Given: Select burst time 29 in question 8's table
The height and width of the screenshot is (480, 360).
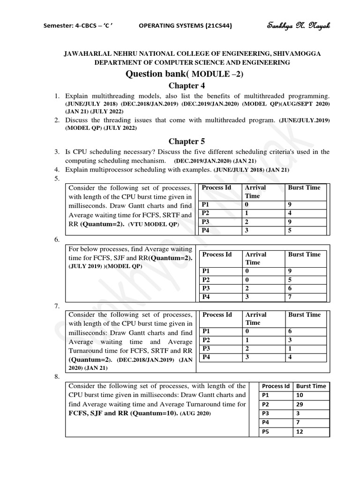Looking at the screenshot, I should pyautogui.click(x=300, y=404).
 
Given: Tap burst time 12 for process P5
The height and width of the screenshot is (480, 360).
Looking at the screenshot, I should pyautogui.click(x=300, y=431).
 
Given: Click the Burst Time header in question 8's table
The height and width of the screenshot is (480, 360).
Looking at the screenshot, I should pyautogui.click(x=311, y=386).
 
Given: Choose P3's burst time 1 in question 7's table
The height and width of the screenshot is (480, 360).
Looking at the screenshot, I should pyautogui.click(x=290, y=348).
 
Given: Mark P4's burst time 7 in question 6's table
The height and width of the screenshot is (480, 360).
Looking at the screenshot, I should pyautogui.click(x=290, y=297).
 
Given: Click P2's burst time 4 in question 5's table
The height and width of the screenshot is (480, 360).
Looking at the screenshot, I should pyautogui.click(x=290, y=213).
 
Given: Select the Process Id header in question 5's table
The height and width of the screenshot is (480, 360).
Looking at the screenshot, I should pyautogui.click(x=217, y=187).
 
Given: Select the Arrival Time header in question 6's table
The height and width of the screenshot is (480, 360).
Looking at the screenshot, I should pyautogui.click(x=255, y=258).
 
